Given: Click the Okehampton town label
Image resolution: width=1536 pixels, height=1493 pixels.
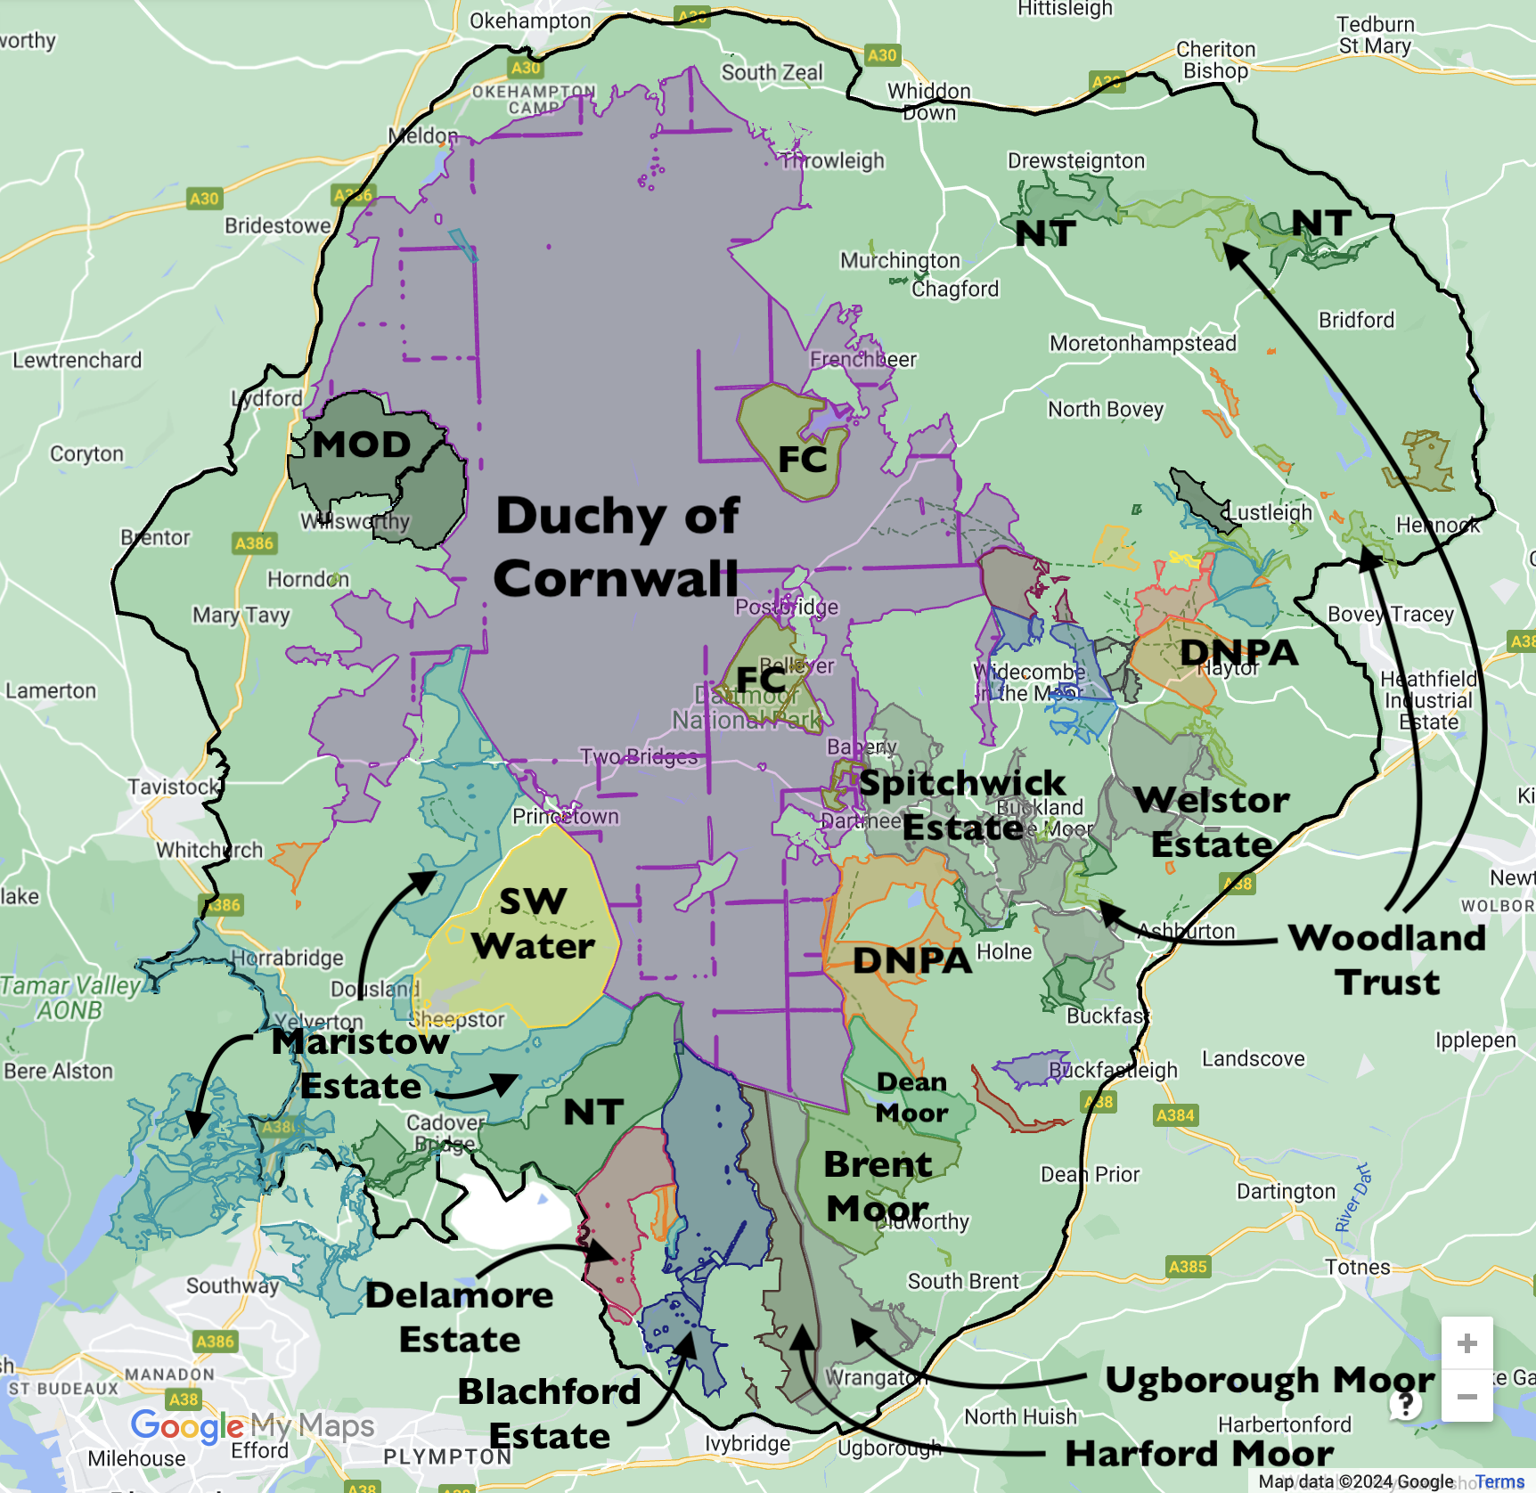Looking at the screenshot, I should [x=530, y=21].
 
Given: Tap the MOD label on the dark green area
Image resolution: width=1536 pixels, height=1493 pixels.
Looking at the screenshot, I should [x=361, y=444].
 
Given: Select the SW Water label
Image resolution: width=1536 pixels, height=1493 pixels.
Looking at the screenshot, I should [x=533, y=924].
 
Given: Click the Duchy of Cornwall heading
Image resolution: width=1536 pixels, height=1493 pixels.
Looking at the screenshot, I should [x=617, y=547].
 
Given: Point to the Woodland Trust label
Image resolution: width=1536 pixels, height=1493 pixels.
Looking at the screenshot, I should [x=1387, y=959].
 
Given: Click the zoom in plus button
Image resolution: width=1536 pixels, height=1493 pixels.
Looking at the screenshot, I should [x=1467, y=1343].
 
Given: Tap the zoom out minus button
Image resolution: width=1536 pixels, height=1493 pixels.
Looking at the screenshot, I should [x=1467, y=1397].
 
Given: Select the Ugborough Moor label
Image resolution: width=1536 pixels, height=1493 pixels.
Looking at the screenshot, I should [x=1269, y=1380].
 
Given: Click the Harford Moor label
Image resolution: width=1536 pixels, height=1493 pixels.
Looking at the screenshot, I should [x=1199, y=1453].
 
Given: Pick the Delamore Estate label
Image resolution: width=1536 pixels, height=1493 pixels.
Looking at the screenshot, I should [x=459, y=1317].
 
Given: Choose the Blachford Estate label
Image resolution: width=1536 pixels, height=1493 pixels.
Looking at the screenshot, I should [x=550, y=1413].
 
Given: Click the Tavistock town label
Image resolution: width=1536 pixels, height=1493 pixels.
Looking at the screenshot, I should [x=173, y=787].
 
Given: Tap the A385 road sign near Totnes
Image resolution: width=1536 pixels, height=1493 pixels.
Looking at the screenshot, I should [x=1188, y=1267].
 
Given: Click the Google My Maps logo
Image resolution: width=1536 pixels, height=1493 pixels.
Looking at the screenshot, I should [x=252, y=1425].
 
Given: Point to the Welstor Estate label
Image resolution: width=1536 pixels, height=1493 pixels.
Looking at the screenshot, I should [x=1211, y=821].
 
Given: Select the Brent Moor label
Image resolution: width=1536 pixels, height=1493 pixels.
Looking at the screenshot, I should [x=878, y=1186].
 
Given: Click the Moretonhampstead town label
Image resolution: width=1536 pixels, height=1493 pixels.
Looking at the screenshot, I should [x=1142, y=343].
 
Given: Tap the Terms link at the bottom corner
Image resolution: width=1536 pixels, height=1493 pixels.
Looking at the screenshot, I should [x=1499, y=1481].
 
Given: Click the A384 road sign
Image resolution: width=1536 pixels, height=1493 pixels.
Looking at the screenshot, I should [x=1174, y=1115].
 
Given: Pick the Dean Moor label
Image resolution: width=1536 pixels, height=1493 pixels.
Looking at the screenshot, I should [x=911, y=1097].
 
